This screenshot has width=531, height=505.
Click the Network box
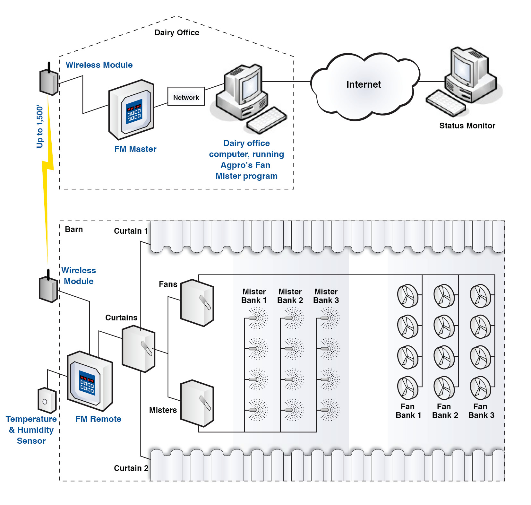click(186, 96)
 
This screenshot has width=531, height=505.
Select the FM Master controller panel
click(132, 109)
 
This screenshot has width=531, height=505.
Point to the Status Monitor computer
click(465, 80)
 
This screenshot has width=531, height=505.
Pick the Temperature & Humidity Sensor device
click(47, 400)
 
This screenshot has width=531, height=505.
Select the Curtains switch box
click(139, 349)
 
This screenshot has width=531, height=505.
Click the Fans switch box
click(197, 303)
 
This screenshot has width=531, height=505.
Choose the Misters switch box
click(197, 403)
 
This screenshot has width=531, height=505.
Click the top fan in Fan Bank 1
click(407, 296)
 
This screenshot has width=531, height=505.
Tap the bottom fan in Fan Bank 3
click(480, 388)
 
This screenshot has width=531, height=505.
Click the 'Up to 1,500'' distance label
click(40, 126)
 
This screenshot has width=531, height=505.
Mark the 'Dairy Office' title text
click(177, 32)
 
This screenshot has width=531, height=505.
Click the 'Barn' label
click(74, 229)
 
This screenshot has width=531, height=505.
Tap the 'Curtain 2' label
click(131, 468)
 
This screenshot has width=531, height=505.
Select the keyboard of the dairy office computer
click(266, 120)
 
